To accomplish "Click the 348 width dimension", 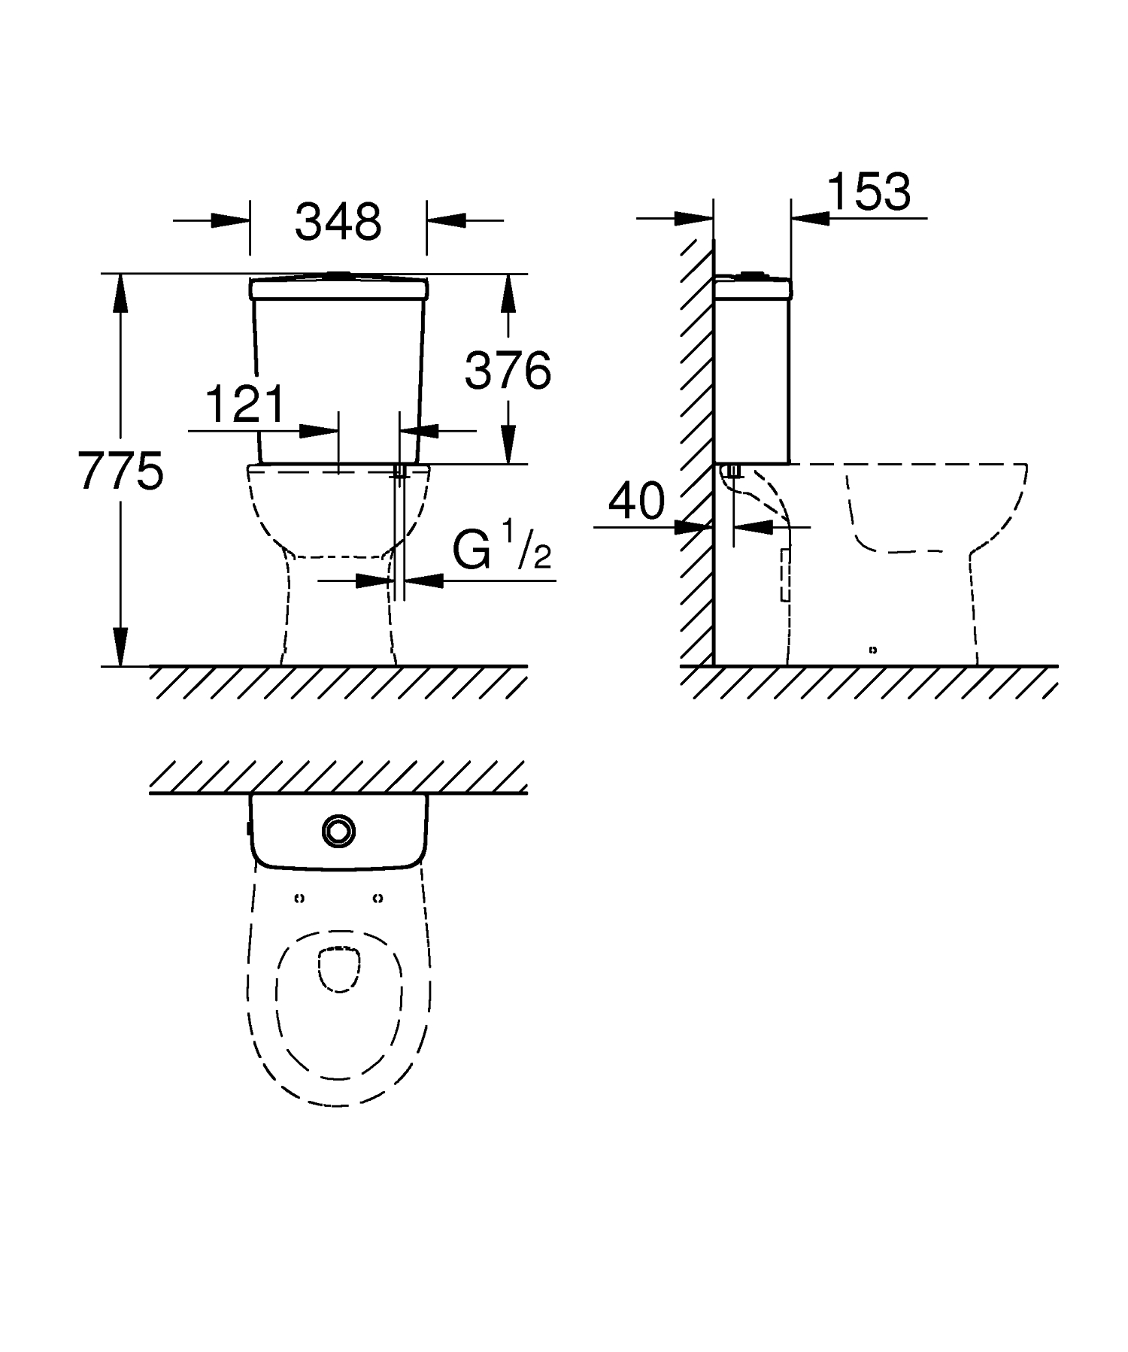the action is pos(338,222).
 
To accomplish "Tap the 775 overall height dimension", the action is pos(120,471).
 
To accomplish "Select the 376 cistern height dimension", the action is pos(508,370).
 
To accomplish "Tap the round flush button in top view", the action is pos(338,830).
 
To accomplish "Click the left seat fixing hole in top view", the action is pos(299,898).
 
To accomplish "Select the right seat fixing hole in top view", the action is pos(378,898).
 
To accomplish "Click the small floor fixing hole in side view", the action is pos(872,650).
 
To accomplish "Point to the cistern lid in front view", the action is pos(338,288).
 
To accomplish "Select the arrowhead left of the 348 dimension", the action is pos(229,220).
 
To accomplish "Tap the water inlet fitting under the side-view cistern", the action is pos(734,471).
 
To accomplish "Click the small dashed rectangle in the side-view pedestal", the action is pos(785,575).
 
